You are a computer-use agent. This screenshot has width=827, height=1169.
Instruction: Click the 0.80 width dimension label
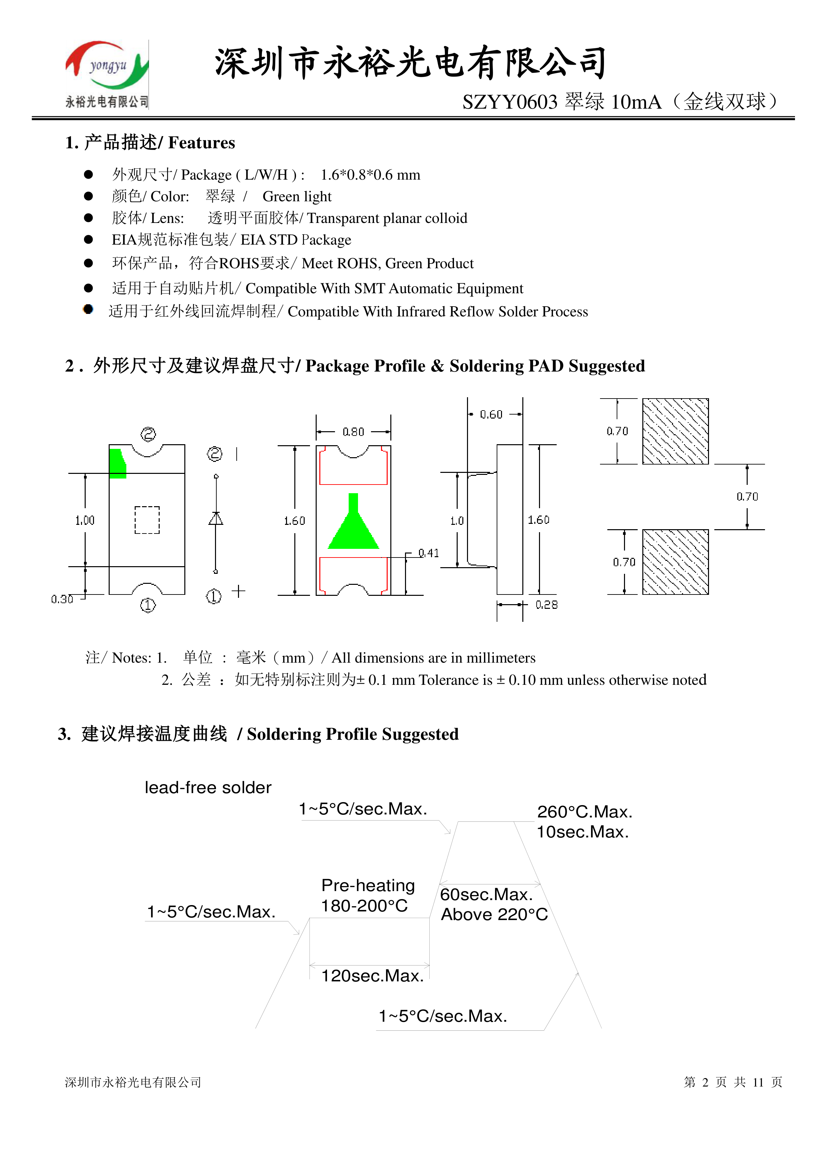tap(353, 432)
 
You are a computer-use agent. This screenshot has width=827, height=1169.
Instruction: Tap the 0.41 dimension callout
tap(428, 553)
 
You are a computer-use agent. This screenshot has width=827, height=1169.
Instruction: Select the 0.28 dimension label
tap(546, 605)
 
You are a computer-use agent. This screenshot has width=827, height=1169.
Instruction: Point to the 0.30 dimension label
tap(62, 599)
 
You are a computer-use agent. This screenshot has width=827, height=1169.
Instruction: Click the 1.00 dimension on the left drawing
tap(85, 520)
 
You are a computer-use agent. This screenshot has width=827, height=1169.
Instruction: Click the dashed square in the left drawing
tap(147, 520)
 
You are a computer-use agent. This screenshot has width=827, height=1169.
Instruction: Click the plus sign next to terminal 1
tap(238, 591)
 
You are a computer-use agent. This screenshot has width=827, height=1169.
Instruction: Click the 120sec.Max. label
tap(372, 975)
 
